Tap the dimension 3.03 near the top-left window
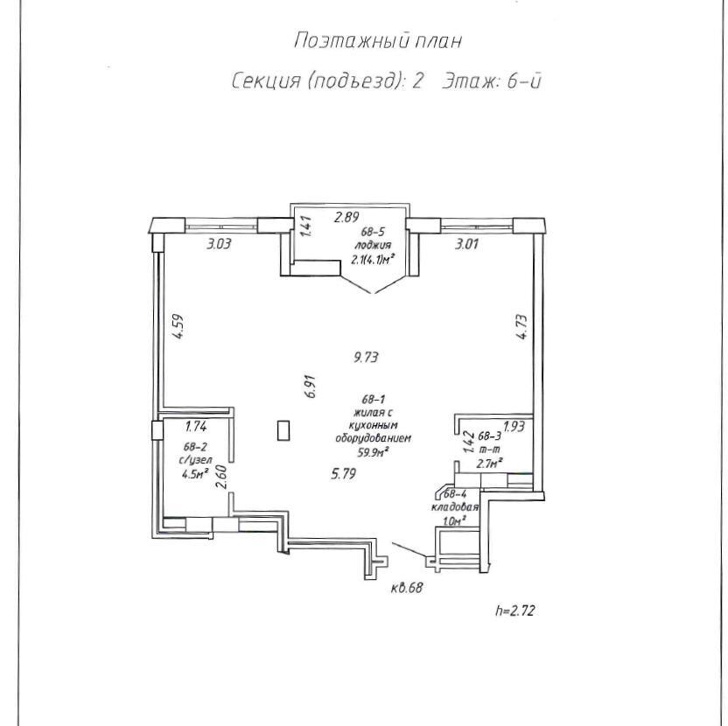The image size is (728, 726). click(x=219, y=245)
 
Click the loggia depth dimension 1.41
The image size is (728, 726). click(x=305, y=227)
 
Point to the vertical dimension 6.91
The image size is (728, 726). click(x=309, y=387)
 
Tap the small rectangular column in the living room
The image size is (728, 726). click(x=282, y=430)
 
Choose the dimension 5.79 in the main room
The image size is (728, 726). click(x=344, y=474)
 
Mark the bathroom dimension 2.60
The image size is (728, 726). click(x=221, y=477)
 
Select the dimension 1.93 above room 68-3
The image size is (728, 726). click(x=514, y=426)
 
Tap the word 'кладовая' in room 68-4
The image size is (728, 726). click(x=453, y=507)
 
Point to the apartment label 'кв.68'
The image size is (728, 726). click(x=407, y=587)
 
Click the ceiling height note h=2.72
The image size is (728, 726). click(x=514, y=610)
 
